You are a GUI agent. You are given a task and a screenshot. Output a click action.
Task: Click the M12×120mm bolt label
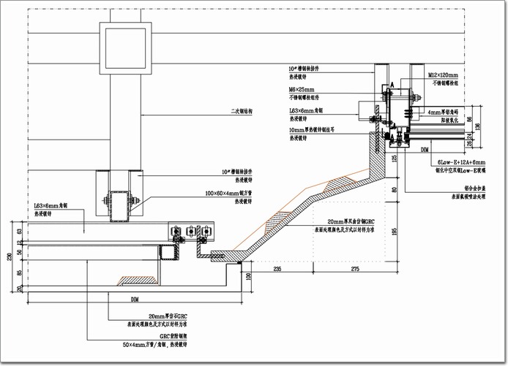pyautogui.click(x=443, y=76)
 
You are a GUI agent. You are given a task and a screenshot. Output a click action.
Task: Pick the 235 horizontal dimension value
pyautogui.click(x=277, y=270)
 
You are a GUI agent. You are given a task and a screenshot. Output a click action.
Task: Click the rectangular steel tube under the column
pyautogui.click(x=119, y=205)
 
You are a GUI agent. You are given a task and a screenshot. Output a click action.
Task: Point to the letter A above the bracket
pyautogui.click(x=393, y=85)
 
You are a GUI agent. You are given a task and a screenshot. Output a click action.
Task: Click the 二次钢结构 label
pyautogui.click(x=240, y=112)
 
